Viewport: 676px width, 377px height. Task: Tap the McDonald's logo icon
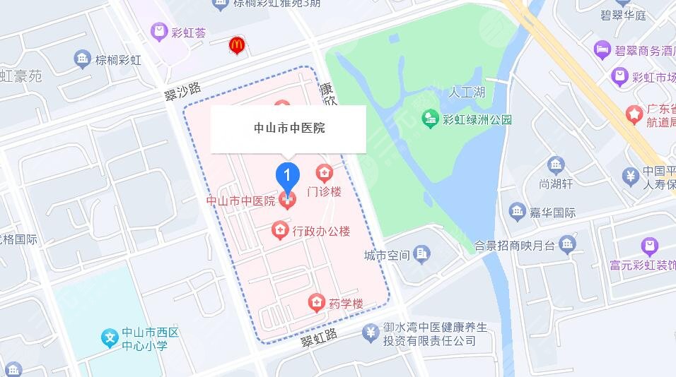(237, 46)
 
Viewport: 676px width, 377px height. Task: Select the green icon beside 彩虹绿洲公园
(430, 119)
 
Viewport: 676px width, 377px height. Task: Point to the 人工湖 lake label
(467, 92)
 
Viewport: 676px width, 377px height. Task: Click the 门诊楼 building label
(325, 191)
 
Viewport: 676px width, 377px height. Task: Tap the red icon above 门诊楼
(325, 172)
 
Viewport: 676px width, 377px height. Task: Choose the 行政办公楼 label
(320, 231)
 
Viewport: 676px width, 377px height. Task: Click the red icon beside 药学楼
(316, 304)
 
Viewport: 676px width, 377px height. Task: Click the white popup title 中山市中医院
(289, 128)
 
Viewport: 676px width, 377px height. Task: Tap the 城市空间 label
(387, 254)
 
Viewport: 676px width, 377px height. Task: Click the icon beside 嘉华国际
(517, 211)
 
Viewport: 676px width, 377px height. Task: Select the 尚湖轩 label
(556, 184)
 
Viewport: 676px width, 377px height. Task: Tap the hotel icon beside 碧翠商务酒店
(602, 50)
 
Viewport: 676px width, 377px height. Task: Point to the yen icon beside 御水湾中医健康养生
(369, 332)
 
